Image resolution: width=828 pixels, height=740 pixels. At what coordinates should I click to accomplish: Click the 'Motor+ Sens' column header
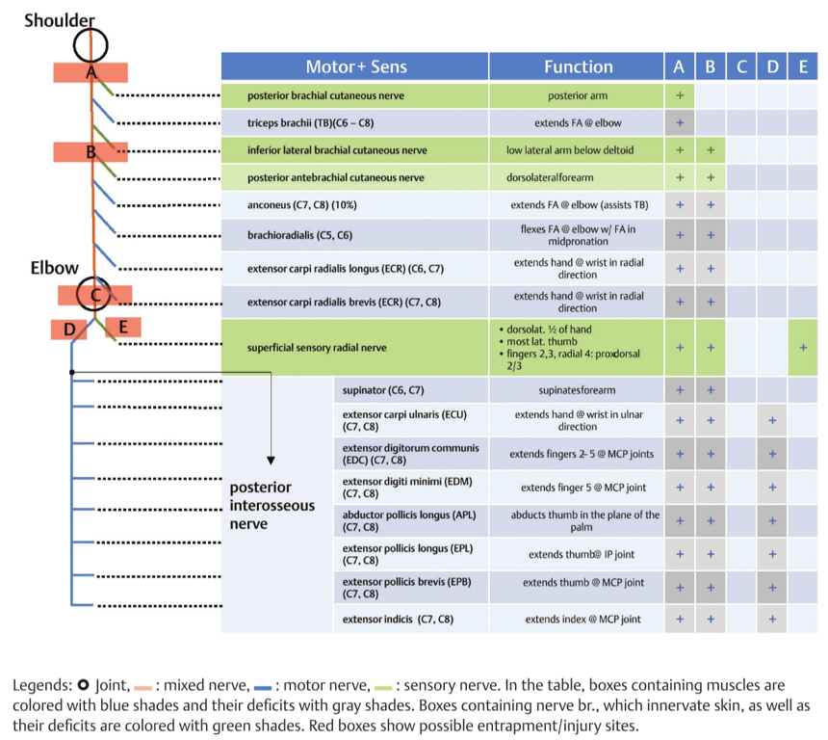click(x=356, y=67)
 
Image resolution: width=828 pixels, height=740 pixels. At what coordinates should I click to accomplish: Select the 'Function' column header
click(x=579, y=67)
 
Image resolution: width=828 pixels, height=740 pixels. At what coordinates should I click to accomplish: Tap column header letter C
click(x=741, y=67)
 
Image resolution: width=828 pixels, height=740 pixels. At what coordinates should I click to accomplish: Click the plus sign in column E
click(x=803, y=347)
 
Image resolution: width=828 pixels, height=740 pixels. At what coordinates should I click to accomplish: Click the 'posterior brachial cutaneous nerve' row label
click(x=325, y=95)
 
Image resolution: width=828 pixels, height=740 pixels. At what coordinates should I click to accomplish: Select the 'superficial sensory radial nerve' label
click(x=317, y=347)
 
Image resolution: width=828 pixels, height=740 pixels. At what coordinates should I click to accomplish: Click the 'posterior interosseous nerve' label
click(x=272, y=505)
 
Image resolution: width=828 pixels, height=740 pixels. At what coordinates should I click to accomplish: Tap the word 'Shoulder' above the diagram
click(x=59, y=20)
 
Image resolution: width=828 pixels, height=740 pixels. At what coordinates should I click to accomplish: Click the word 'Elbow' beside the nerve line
click(x=54, y=268)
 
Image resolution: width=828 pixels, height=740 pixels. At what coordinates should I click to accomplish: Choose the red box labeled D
click(x=69, y=330)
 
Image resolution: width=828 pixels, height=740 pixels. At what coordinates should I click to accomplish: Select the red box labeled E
click(x=123, y=327)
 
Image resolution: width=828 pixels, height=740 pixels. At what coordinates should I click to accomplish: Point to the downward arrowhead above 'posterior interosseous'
click(x=271, y=461)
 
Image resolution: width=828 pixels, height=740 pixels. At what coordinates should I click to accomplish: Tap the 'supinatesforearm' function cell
click(x=577, y=390)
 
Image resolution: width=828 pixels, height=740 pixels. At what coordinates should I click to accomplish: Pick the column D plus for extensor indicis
click(x=772, y=619)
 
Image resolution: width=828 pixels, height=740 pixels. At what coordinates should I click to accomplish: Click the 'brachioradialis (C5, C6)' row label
click(x=299, y=235)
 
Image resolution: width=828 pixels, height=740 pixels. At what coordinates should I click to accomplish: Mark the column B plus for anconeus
click(x=711, y=204)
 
